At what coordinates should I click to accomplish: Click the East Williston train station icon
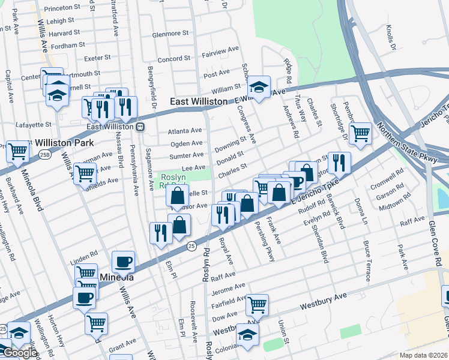point(139,127)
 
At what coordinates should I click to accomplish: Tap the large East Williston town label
point(199,102)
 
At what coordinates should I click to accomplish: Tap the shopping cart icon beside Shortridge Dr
point(360,133)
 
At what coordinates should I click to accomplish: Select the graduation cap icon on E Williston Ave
point(259,86)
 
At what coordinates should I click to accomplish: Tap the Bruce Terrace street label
point(366,261)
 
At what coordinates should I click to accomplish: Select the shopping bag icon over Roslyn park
point(178,195)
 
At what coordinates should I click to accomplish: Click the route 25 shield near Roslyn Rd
point(191,245)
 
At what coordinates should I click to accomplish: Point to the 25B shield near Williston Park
point(45,154)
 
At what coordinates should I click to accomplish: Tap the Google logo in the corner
point(19,353)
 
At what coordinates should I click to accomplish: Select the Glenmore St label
point(172,35)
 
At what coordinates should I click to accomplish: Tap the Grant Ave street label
point(122,344)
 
